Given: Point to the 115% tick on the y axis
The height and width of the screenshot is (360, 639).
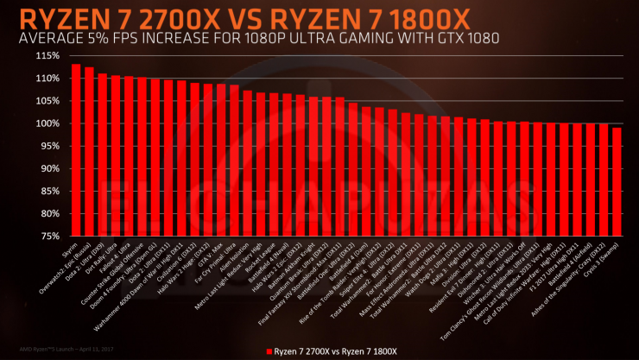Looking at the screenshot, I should pos(47,56).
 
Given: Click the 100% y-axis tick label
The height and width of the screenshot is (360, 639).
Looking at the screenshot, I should pos(47,123).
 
